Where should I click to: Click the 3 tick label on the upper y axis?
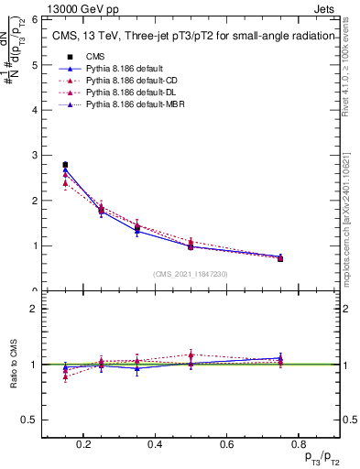(x=33, y=155)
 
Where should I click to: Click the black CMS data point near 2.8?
(x=65, y=165)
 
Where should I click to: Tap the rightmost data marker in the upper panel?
(x=280, y=258)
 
